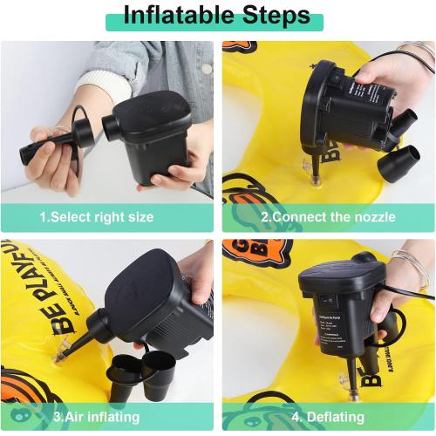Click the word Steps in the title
pyautogui.click(x=272, y=16)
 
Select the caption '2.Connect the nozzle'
pyautogui.click(x=329, y=216)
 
